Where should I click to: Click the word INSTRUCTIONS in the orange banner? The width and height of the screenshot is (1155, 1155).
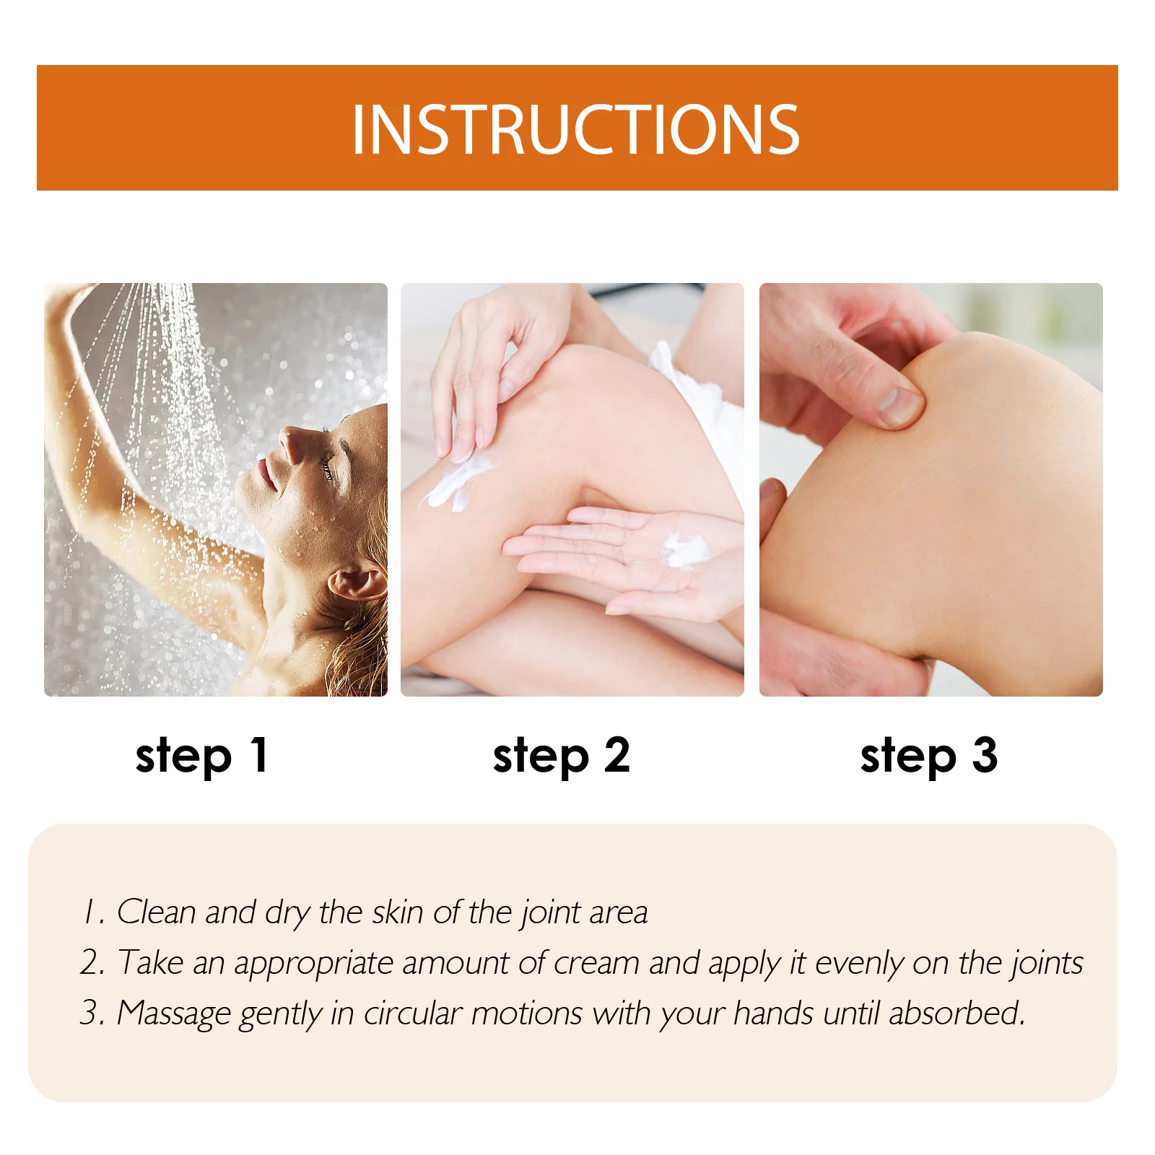tap(575, 130)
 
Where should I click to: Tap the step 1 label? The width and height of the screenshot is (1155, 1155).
tap(202, 756)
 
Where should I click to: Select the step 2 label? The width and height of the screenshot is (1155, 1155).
tap(562, 756)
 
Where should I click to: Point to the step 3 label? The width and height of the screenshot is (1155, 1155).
tap(929, 756)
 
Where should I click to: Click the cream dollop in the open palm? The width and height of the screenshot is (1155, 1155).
tap(684, 551)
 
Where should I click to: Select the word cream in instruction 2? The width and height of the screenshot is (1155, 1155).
tap(596, 963)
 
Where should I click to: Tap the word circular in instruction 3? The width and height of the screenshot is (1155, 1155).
tap(412, 1014)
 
